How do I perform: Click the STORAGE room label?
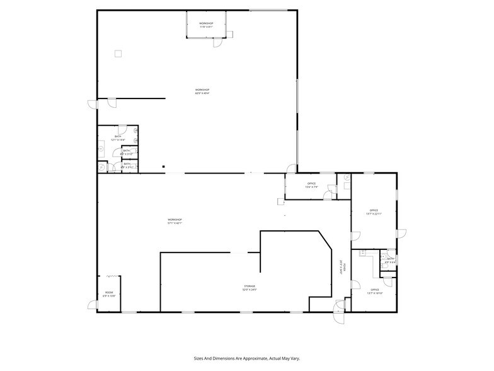tap(250, 288)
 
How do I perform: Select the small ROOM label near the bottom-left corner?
tap(109, 294)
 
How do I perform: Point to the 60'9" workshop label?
tap(202, 92)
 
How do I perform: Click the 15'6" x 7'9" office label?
tap(311, 185)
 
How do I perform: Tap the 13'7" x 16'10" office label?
tap(374, 291)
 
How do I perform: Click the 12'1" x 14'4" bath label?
tap(118, 138)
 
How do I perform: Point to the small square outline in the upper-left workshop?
tap(117, 54)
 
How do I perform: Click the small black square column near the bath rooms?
tap(163, 167)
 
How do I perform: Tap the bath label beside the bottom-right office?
tap(390, 260)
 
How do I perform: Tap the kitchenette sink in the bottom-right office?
tap(364, 254)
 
